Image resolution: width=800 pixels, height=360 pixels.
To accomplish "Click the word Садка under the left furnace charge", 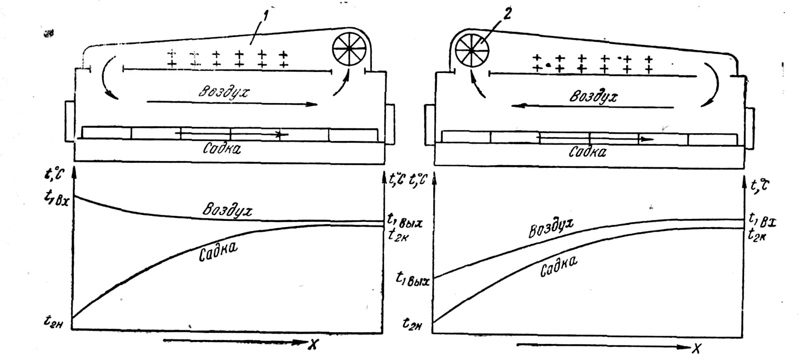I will [x=222, y=148].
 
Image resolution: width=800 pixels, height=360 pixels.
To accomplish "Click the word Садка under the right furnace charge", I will [x=587, y=152].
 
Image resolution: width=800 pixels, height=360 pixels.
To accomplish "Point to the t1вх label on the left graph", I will [x=57, y=198].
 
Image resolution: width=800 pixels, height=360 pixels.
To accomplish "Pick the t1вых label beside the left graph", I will [x=404, y=221].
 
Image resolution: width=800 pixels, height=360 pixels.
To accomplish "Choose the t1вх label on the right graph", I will [x=763, y=218].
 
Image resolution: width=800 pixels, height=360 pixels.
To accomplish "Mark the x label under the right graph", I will [x=697, y=347].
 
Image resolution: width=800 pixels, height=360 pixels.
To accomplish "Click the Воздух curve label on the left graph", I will [x=228, y=210].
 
